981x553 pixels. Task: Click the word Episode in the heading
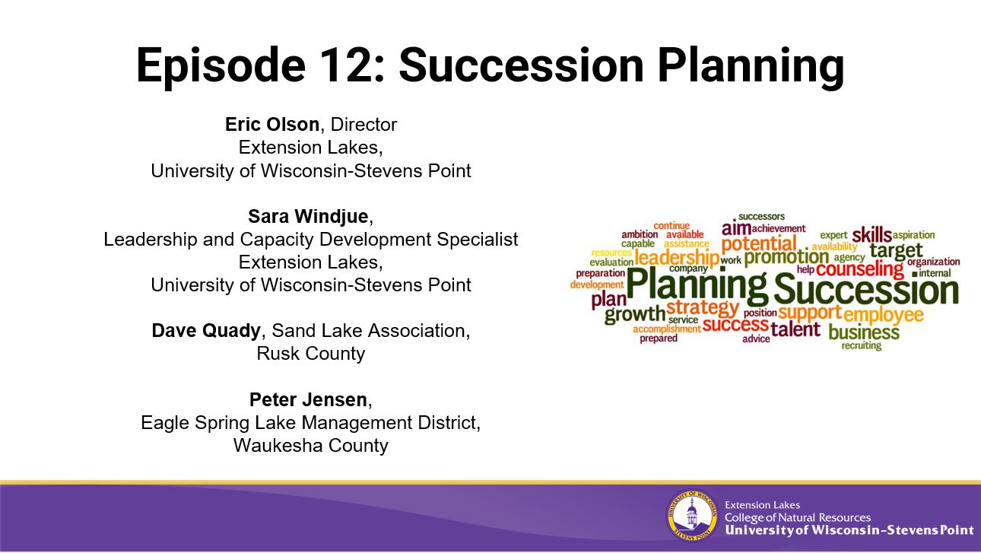pos(221,65)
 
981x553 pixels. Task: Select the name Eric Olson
pos(272,125)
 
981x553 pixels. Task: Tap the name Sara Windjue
pos(308,217)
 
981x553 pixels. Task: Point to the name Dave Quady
pos(206,331)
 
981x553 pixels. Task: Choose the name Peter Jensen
pos(308,399)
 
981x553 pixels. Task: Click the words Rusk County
pos(310,354)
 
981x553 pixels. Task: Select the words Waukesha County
pos(310,446)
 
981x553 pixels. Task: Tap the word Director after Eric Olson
pos(364,125)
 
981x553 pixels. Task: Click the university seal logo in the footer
pos(692,515)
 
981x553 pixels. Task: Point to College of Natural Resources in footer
pos(798,517)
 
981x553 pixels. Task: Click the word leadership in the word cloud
pos(677,258)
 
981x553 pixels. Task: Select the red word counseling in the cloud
pos(859,269)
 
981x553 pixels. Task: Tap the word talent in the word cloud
pos(795,329)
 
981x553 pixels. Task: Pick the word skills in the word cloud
pos(871,235)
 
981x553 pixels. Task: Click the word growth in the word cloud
pos(634,314)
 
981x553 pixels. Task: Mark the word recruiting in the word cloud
pos(862,346)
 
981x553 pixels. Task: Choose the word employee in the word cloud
pos(884,315)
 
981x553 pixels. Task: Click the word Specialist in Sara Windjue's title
pos(478,240)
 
